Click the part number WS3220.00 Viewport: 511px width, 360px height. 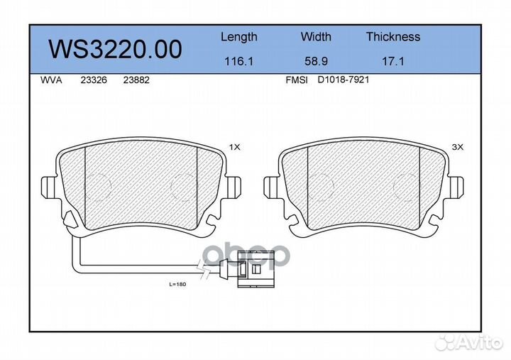[x=114, y=49]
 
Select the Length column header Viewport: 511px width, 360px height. [x=238, y=37]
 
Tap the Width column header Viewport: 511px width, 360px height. [x=316, y=37]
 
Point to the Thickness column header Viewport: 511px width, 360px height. [x=392, y=37]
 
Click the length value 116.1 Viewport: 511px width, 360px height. [x=238, y=62]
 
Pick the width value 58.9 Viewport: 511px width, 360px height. [x=316, y=62]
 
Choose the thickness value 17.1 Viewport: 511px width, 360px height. [x=392, y=62]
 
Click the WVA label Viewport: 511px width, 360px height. [x=50, y=80]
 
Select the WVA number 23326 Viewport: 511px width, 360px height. [x=94, y=80]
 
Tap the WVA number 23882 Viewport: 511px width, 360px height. [x=136, y=80]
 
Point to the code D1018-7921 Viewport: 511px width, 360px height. [x=343, y=80]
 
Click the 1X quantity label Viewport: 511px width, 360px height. [x=235, y=147]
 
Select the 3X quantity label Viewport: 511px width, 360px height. [x=457, y=147]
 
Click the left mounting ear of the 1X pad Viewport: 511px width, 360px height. [x=49, y=187]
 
